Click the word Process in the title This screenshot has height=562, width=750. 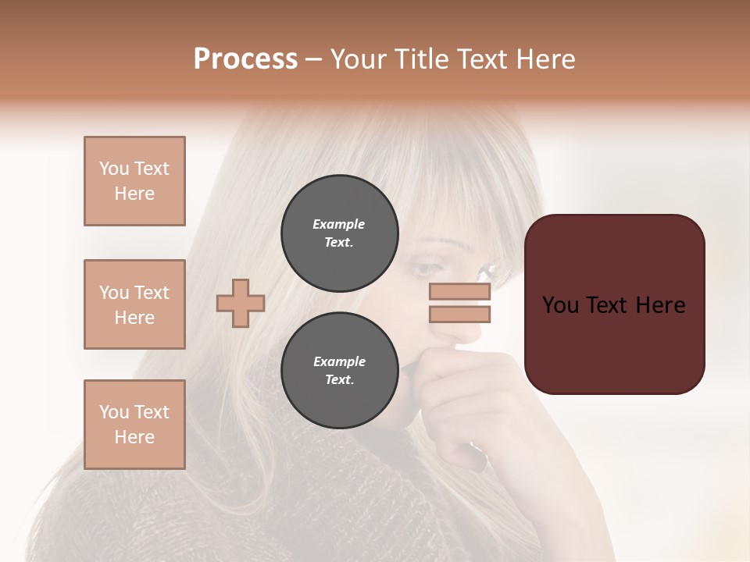pyautogui.click(x=245, y=59)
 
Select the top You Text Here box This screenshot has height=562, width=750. pyautogui.click(x=134, y=181)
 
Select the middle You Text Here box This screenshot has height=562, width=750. pyautogui.click(x=134, y=304)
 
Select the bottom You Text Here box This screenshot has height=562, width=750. pyautogui.click(x=134, y=425)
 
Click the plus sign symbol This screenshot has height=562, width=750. pyautogui.click(x=241, y=303)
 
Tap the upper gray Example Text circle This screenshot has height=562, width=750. pyautogui.click(x=339, y=233)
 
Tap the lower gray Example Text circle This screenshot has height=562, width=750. pyautogui.click(x=339, y=370)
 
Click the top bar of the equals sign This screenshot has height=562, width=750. pyautogui.click(x=459, y=292)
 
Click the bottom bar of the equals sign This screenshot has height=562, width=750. pyautogui.click(x=459, y=314)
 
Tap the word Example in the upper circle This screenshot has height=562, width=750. pyautogui.click(x=338, y=224)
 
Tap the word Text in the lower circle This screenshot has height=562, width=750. pyautogui.click(x=339, y=379)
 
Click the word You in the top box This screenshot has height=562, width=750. pyautogui.click(x=114, y=169)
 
